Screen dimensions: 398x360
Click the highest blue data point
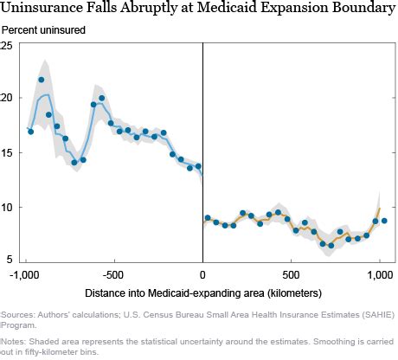42,80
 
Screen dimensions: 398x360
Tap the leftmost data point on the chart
31,132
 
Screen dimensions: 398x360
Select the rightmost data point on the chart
384,221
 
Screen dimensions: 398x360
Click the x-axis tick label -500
113,275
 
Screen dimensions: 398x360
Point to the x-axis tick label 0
202,275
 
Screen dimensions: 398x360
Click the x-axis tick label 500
291,275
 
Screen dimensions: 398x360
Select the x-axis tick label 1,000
380,275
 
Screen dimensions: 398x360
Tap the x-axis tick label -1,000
24,275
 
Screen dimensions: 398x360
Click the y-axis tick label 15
6,152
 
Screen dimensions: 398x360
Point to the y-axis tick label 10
6,207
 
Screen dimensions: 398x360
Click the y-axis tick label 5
10,260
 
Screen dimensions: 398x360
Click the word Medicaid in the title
227,7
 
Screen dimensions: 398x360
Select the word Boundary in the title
364,8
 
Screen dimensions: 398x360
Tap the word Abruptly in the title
147,8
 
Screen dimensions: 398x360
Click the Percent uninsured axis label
43,30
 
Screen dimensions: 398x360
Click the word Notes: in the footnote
14,342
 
